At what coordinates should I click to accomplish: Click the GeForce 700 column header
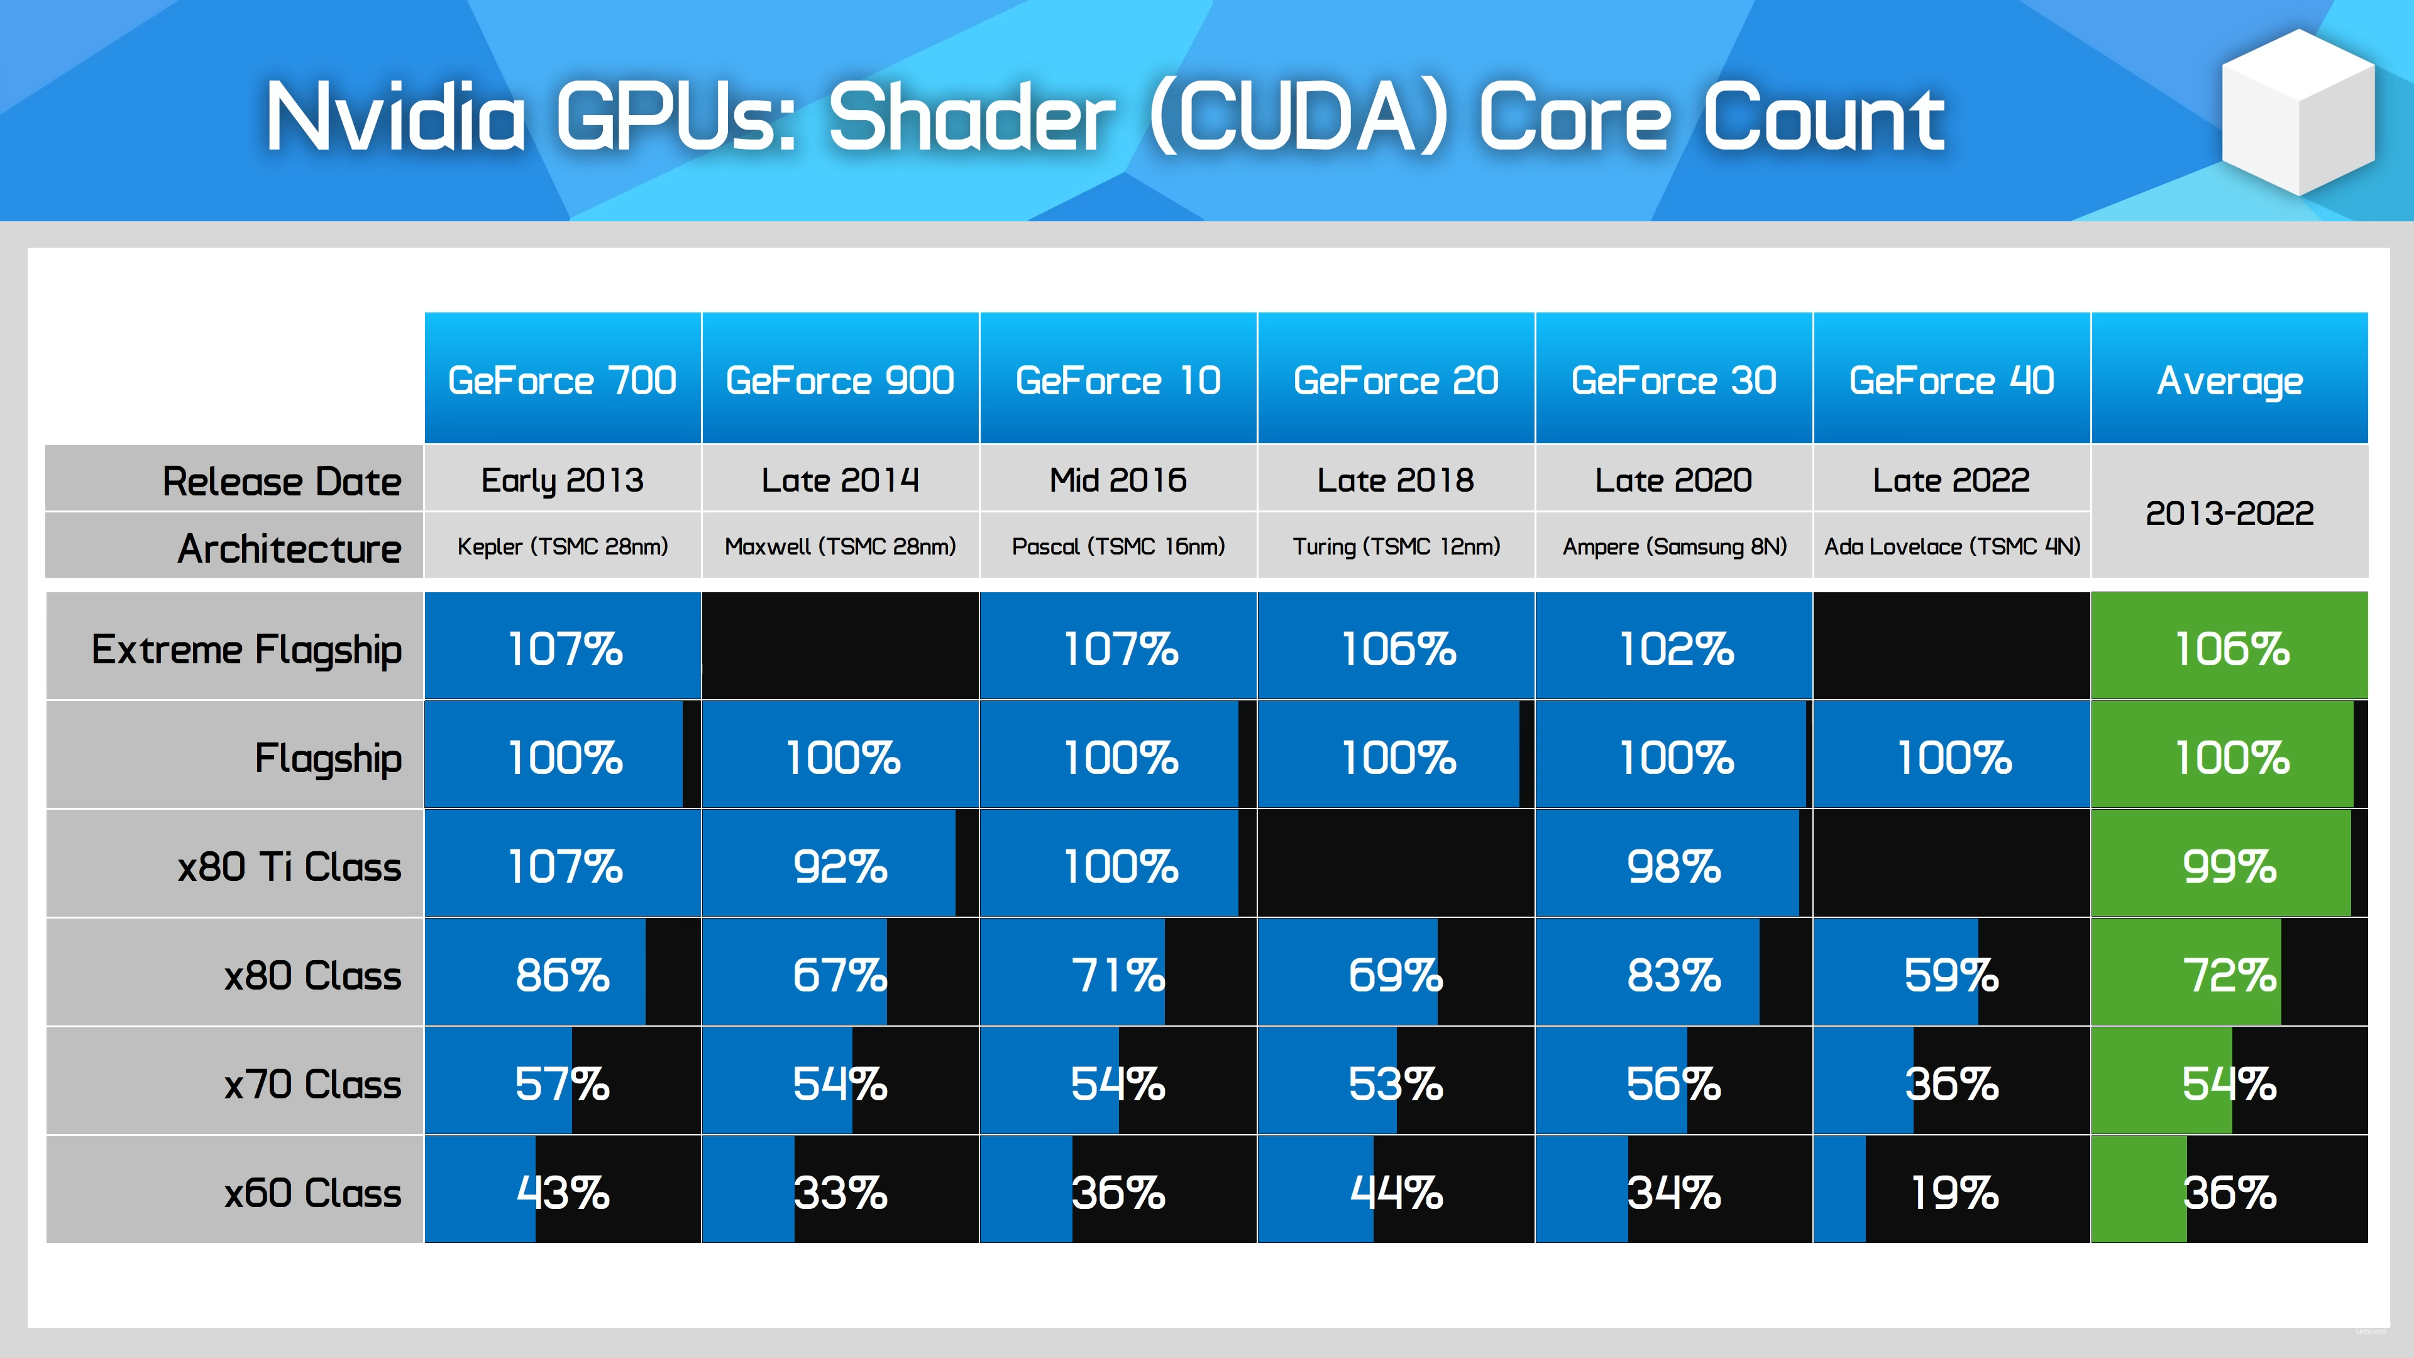[562, 380]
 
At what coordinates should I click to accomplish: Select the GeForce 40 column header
[1952, 380]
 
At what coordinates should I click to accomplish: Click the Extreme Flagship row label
[246, 649]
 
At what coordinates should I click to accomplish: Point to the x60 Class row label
[312, 1193]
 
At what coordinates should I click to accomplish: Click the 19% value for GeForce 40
[1954, 1193]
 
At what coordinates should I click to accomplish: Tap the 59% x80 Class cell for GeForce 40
[1951, 976]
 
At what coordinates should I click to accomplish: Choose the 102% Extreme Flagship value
[1677, 649]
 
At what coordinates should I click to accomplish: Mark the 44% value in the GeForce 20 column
[1396, 1193]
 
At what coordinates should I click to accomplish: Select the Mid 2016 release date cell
[1118, 480]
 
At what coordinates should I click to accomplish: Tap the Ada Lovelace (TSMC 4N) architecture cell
[1952, 546]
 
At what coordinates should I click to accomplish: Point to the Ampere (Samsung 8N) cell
[1675, 546]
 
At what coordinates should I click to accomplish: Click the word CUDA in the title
[1299, 117]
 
